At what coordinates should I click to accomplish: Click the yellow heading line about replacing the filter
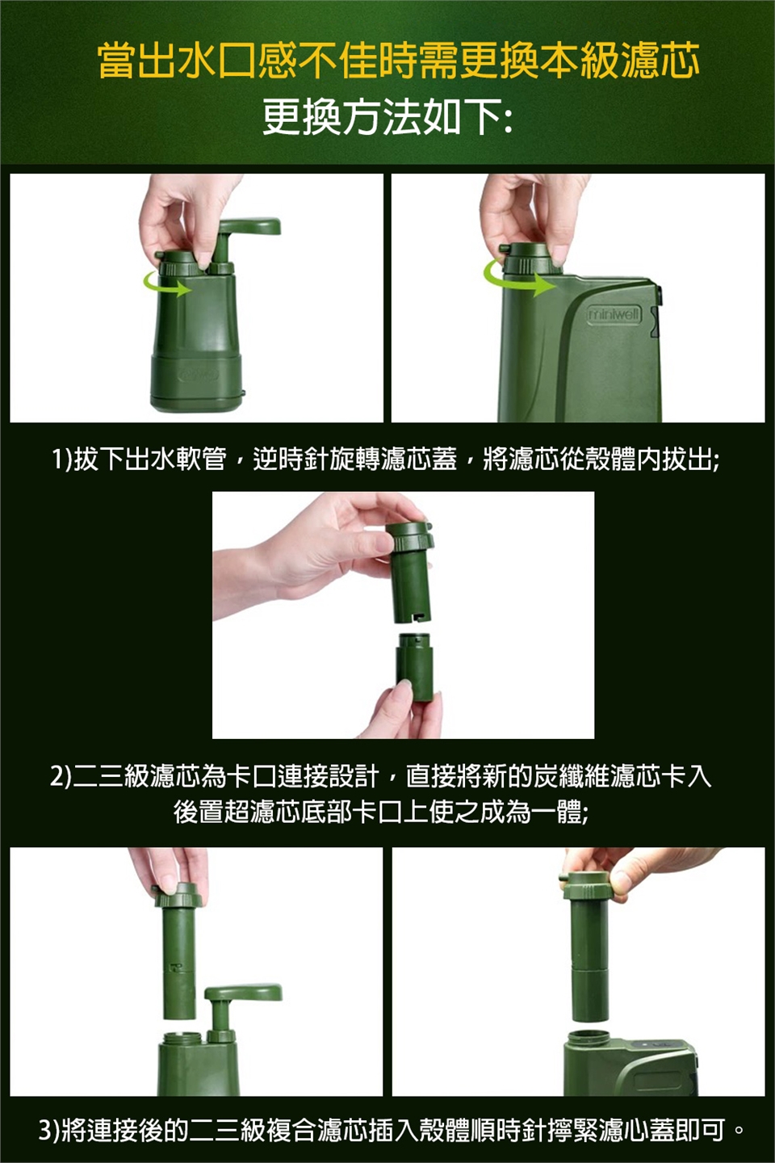pyautogui.click(x=399, y=61)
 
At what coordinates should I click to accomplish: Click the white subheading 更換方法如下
pyautogui.click(x=387, y=118)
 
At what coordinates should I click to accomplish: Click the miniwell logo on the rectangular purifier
pyautogui.click(x=614, y=315)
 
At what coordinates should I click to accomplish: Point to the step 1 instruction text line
pyautogui.click(x=386, y=460)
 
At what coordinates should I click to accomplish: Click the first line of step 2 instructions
pyautogui.click(x=380, y=777)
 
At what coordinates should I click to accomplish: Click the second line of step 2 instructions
pyautogui.click(x=380, y=812)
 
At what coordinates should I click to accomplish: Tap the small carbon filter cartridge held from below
pyautogui.click(x=415, y=667)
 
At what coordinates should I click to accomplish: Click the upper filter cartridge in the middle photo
pyautogui.click(x=410, y=572)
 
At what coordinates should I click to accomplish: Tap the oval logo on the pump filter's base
pyautogui.click(x=199, y=375)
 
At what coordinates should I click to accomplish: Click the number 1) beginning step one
pyautogui.click(x=62, y=460)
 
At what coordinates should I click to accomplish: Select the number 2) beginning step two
pyautogui.click(x=61, y=777)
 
